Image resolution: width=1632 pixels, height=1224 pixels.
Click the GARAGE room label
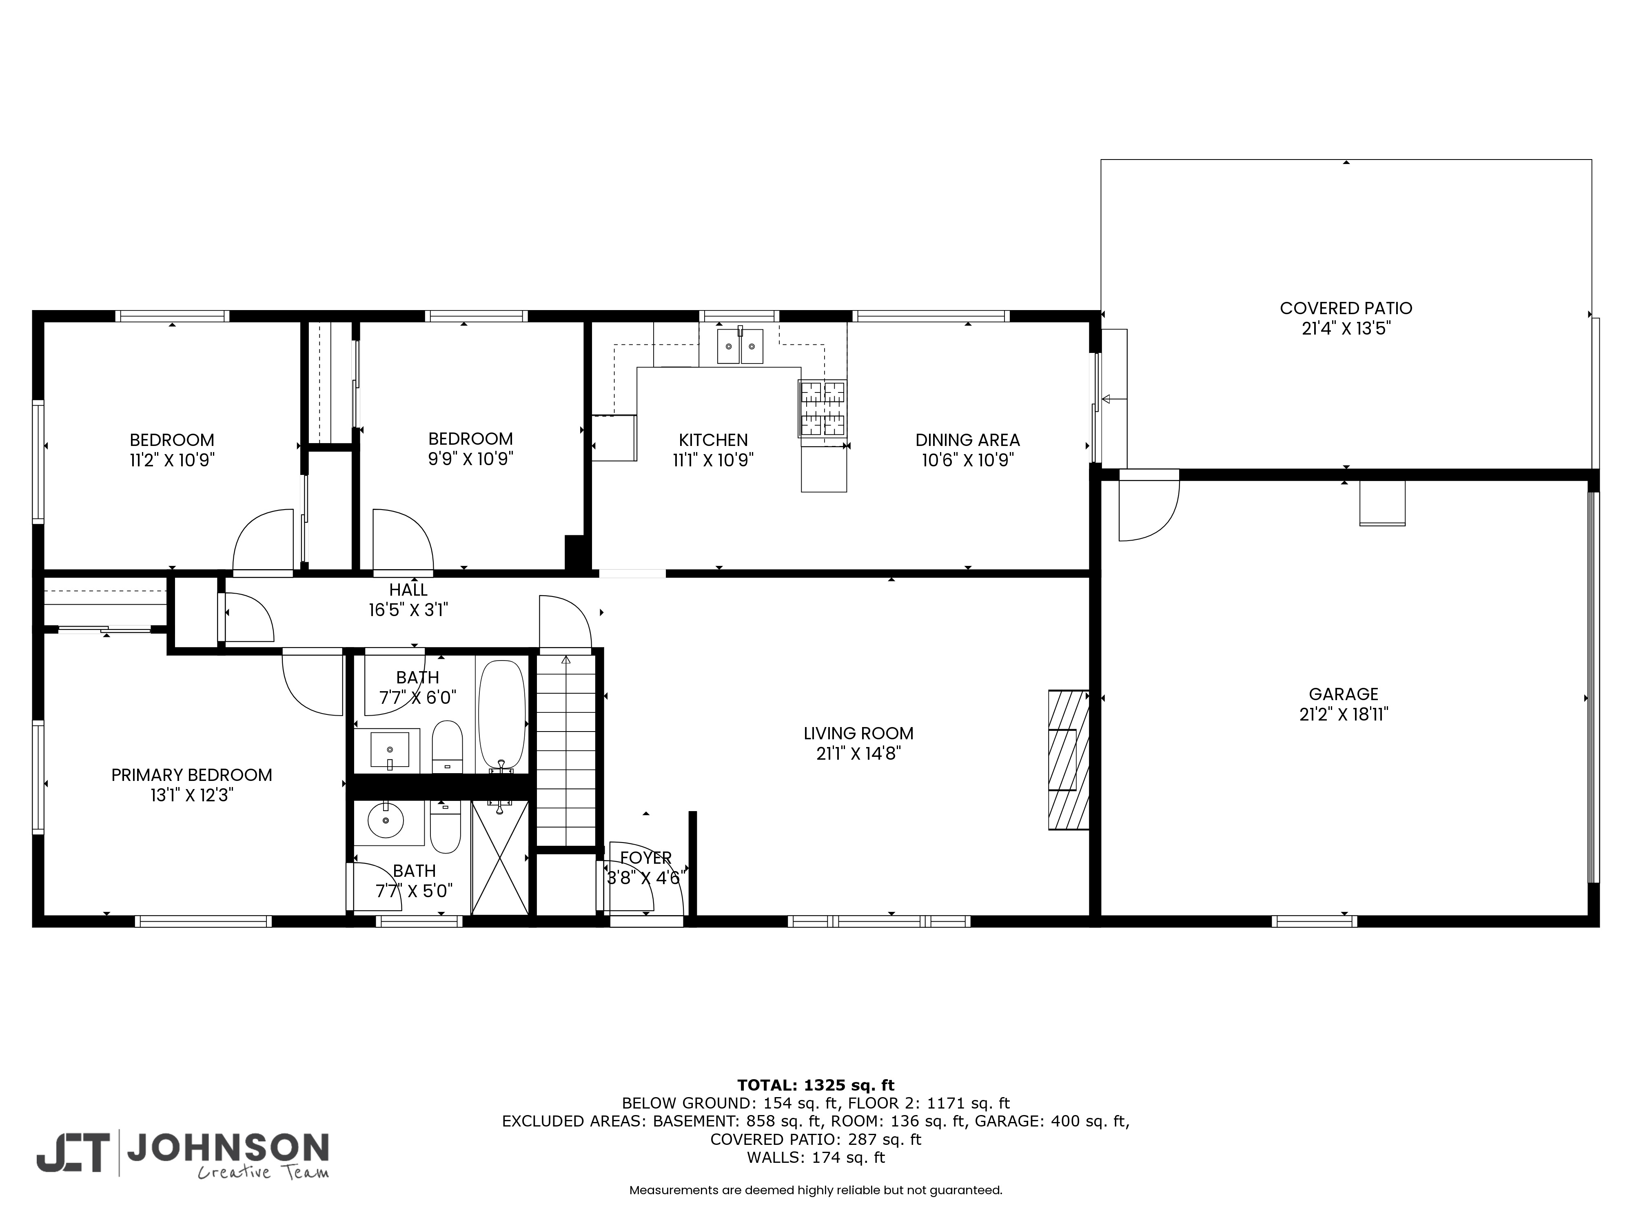click(1344, 694)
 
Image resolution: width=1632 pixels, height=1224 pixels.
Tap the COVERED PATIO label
click(1346, 308)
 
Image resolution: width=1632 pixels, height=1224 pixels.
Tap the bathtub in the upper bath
click(502, 714)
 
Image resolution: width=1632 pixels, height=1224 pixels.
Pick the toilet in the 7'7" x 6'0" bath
click(446, 747)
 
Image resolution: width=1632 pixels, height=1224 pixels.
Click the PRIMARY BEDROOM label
click(192, 775)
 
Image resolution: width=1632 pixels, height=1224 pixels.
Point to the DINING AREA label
click(967, 440)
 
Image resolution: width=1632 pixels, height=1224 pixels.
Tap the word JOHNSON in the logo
click(228, 1148)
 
